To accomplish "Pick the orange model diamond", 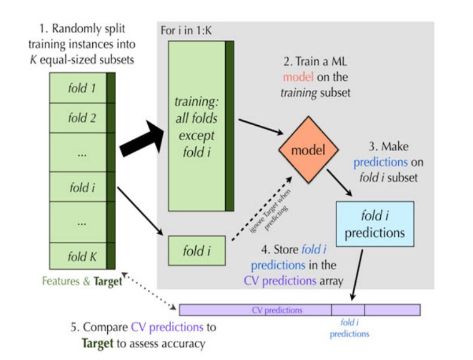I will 307,150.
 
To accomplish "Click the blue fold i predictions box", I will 375,223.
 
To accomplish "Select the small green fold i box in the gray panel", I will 197,250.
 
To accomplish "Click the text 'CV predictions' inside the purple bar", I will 277,310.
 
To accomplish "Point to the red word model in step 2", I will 298,78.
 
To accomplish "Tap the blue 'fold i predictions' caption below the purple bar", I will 348,329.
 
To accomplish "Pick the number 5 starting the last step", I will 74,328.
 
